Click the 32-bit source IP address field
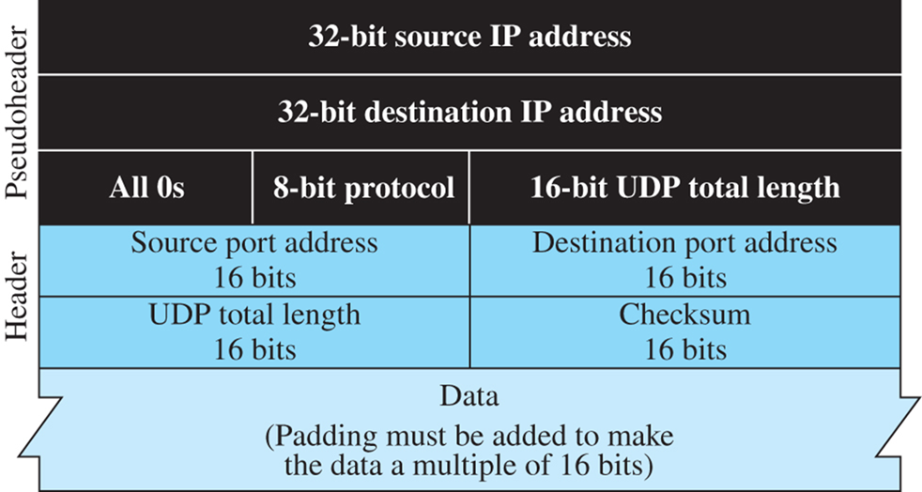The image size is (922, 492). (469, 38)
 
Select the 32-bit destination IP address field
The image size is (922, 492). (469, 113)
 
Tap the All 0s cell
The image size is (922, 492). (146, 188)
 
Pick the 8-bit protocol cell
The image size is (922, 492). (361, 188)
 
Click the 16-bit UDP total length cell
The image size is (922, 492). (684, 188)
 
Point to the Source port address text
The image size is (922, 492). (254, 243)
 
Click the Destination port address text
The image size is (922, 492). (684, 243)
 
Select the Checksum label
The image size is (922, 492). (684, 315)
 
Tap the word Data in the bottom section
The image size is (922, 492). (469, 395)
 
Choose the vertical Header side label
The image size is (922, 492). (18, 297)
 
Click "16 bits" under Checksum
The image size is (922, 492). (684, 349)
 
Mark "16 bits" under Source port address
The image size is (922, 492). (254, 278)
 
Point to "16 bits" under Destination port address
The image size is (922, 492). (684, 278)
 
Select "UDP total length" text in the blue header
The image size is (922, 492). (254, 315)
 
